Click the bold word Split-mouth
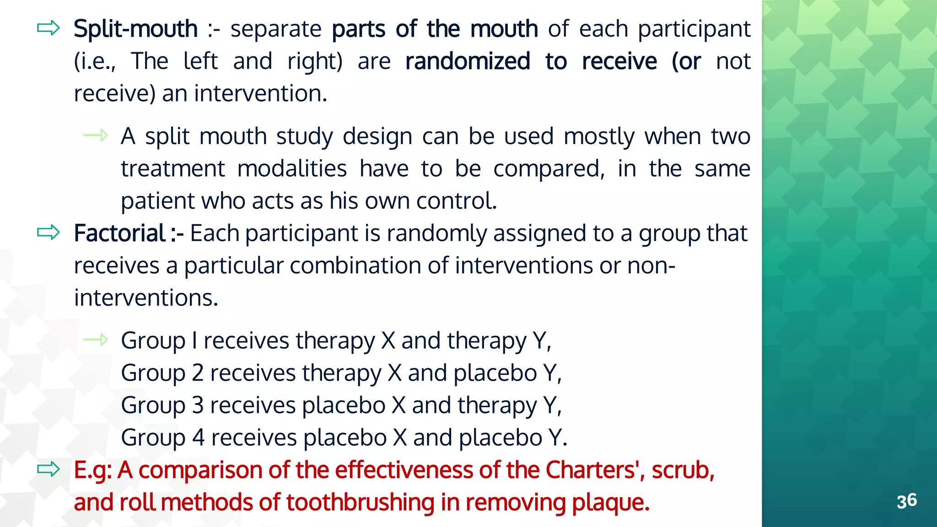tap(135, 29)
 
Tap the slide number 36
tap(906, 501)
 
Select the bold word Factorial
tap(119, 233)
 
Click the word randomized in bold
tap(468, 61)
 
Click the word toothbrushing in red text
tap(360, 502)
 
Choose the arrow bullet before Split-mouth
tap(48, 28)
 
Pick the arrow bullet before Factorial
tap(48, 232)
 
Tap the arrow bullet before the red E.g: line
tap(48, 469)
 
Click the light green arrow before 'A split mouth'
tap(96, 135)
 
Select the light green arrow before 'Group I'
tap(96, 339)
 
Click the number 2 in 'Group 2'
tap(198, 373)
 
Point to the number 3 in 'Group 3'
tap(198, 405)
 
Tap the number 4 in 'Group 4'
tap(198, 438)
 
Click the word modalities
tap(292, 169)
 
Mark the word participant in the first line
tap(694, 30)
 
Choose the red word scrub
tap(683, 470)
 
